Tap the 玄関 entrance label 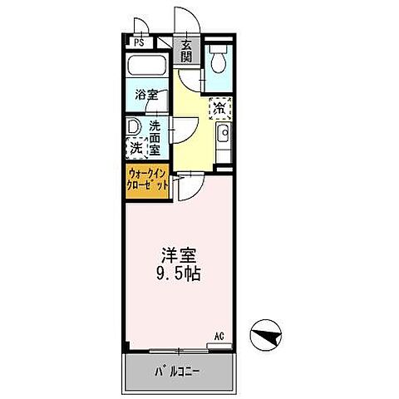[x=187, y=52]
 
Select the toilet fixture [x=219, y=60]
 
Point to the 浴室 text [x=148, y=95]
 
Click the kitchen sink [x=221, y=135]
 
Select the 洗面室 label [x=155, y=137]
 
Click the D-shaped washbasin [x=133, y=127]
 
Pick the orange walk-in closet [x=149, y=180]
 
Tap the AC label [x=220, y=337]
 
